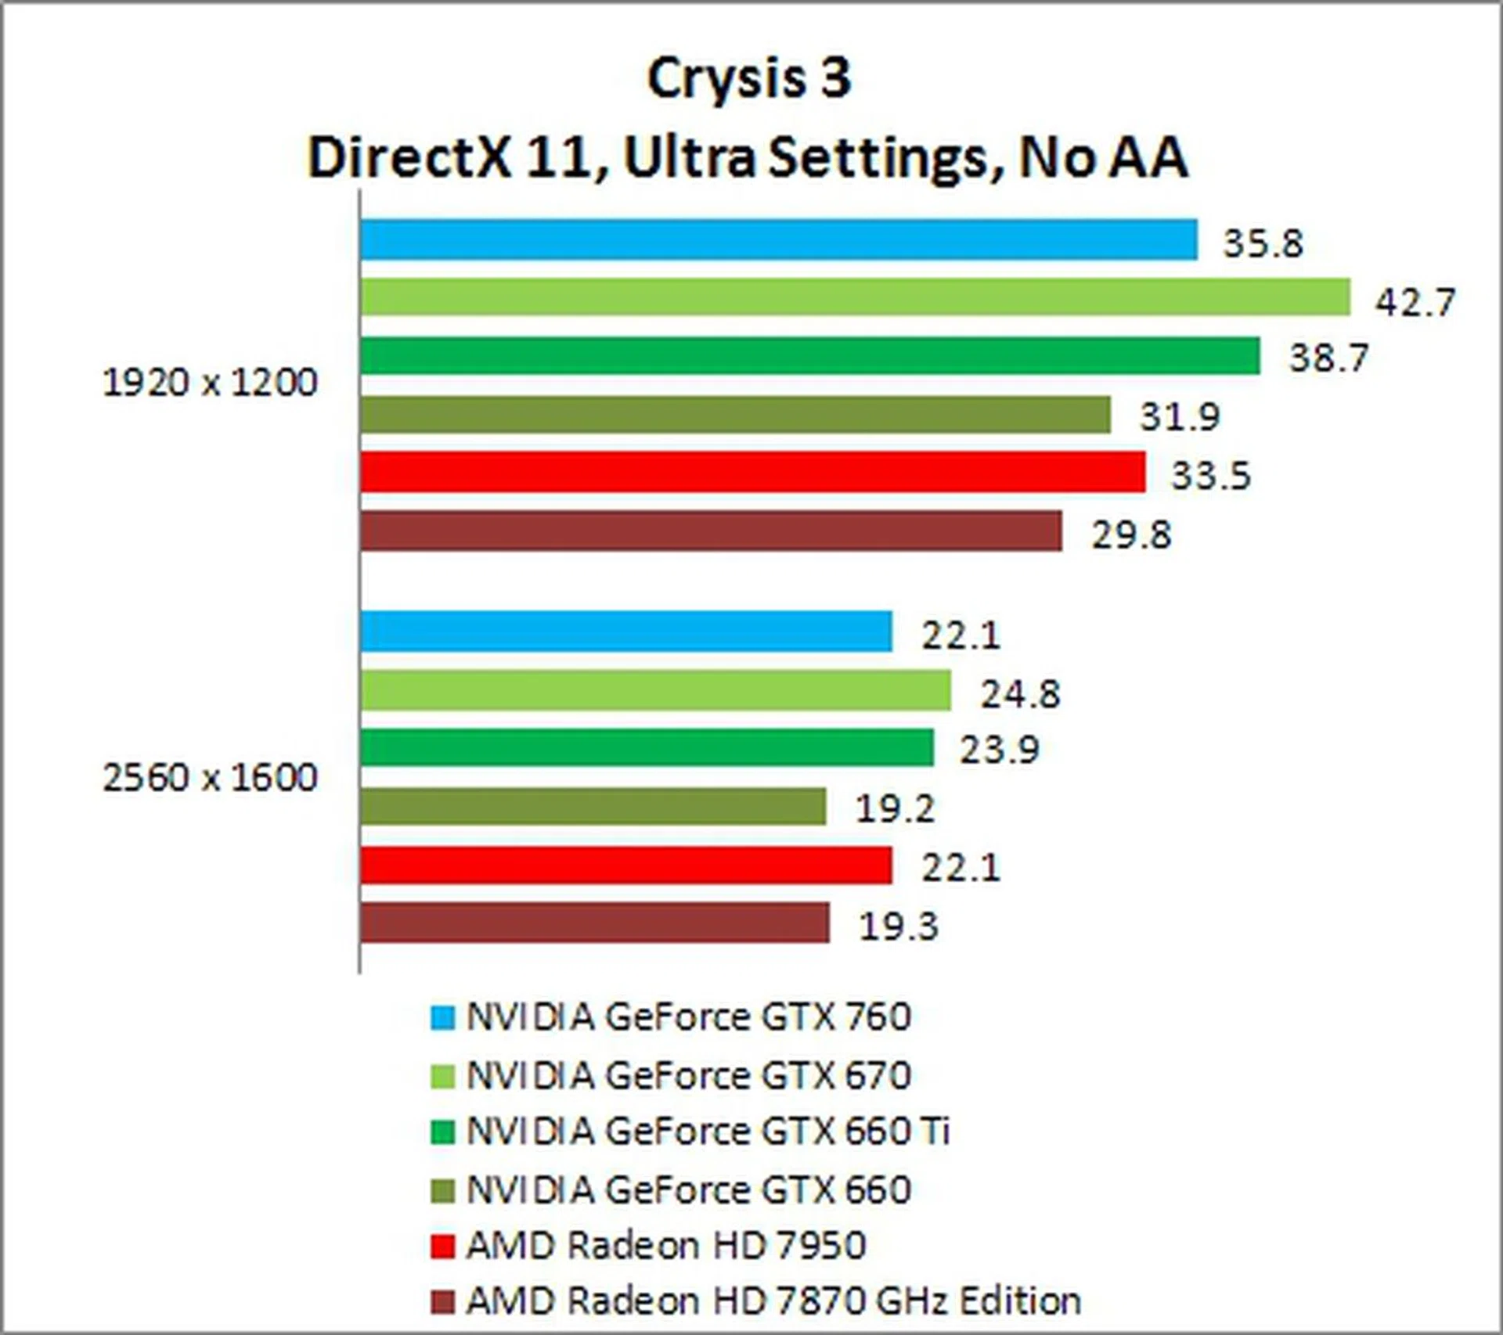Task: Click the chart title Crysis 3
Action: tap(749, 79)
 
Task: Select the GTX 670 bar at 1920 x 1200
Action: tap(855, 297)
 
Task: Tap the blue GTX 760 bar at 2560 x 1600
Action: tap(626, 631)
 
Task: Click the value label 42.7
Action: tap(1415, 302)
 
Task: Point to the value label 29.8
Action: tap(1131, 535)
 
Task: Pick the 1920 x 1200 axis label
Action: tap(210, 383)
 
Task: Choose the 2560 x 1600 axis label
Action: tap(210, 778)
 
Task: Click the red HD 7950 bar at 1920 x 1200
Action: tap(752, 472)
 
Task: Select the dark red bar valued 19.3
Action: tap(595, 923)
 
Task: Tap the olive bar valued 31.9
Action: tap(735, 415)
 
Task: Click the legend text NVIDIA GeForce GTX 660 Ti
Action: tap(708, 1132)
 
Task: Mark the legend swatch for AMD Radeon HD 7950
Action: tap(442, 1247)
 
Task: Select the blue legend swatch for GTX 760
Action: tap(442, 1017)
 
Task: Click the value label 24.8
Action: tap(1020, 693)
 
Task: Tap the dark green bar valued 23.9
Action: tap(647, 747)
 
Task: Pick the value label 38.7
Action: tap(1328, 358)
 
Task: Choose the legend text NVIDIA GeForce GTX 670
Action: tap(689, 1075)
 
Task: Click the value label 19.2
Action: tap(895, 808)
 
